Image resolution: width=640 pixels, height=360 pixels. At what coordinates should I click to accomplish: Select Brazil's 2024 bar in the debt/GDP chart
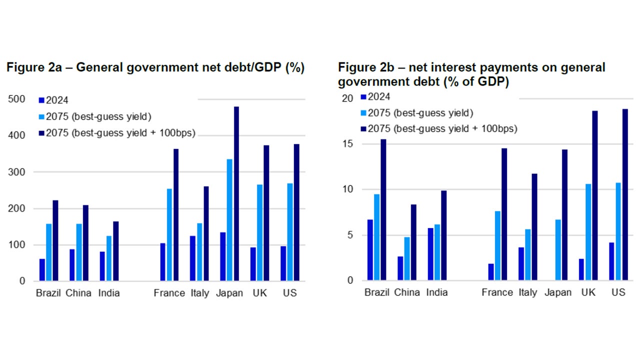coord(42,269)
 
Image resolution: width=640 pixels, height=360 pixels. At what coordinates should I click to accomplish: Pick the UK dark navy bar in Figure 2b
coord(595,195)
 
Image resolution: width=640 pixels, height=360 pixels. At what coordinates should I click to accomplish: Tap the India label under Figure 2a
coord(109,293)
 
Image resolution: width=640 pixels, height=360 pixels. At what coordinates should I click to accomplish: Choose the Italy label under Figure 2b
coord(528,292)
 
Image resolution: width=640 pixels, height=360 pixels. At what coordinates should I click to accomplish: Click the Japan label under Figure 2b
coord(557,292)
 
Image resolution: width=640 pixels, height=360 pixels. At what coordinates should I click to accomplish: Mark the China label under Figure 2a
coord(78,293)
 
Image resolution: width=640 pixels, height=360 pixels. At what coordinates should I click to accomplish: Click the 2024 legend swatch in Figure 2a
coord(41,100)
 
